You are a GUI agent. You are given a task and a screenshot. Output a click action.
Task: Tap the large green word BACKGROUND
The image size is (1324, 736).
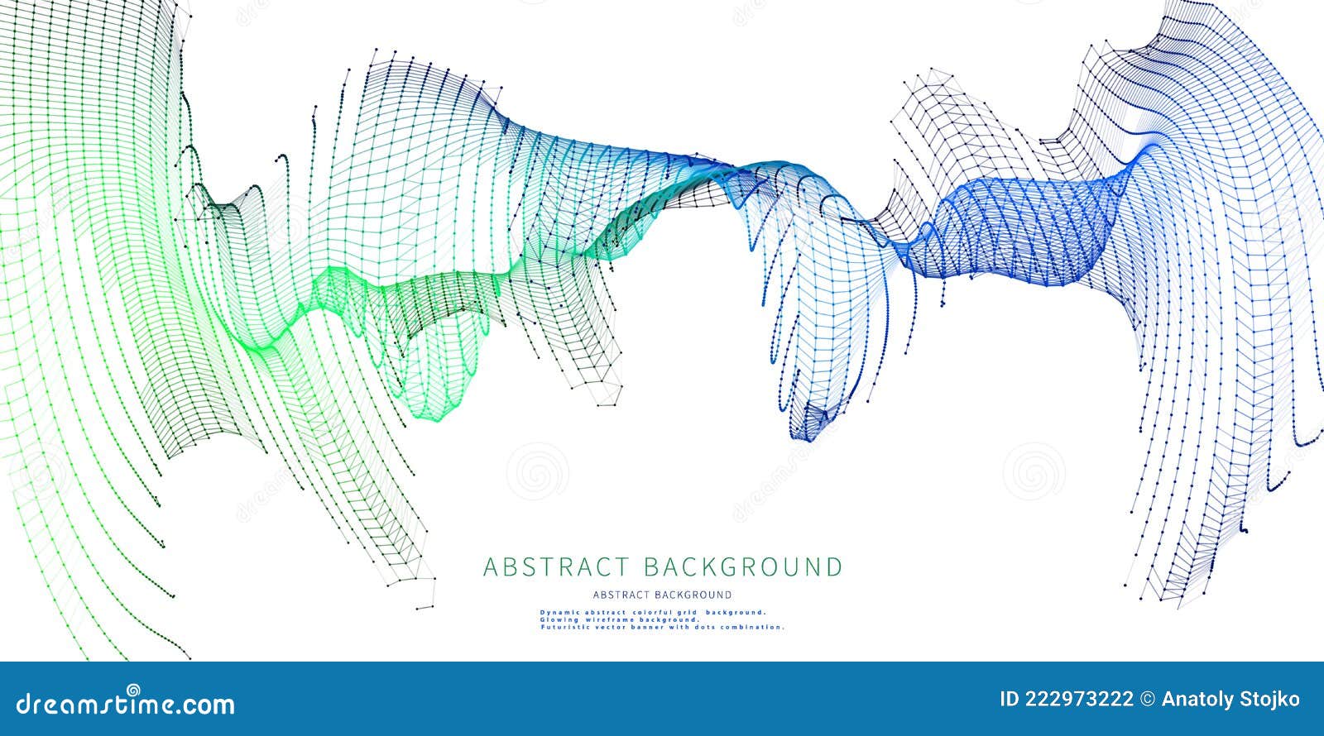pos(742,567)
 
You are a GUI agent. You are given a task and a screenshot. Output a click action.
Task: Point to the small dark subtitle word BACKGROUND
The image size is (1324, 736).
pos(693,595)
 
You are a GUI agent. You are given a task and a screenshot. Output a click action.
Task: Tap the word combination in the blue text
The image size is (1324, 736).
pos(754,627)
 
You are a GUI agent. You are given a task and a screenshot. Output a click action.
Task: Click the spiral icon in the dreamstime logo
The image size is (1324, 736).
pos(133,690)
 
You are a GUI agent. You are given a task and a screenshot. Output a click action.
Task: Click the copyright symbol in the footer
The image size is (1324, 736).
pos(1148,700)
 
